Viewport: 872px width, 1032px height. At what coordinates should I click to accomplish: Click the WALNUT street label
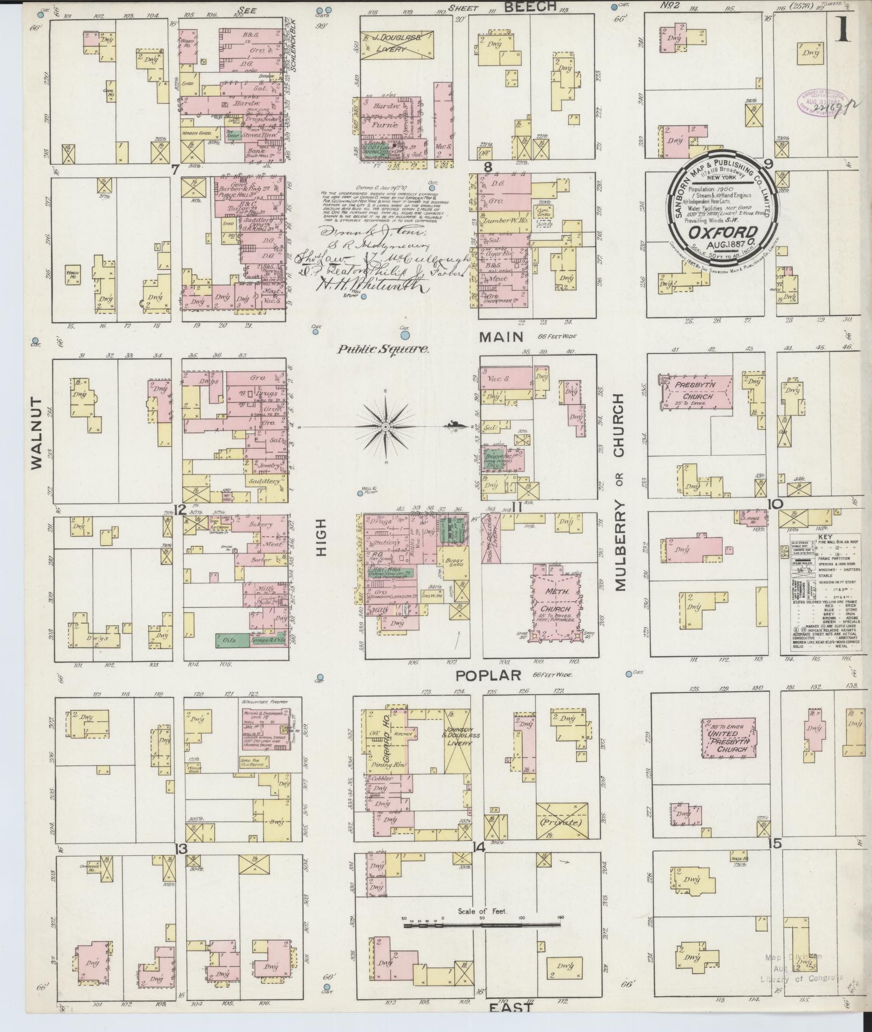pos(36,433)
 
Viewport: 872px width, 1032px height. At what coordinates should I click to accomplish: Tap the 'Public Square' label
pos(382,350)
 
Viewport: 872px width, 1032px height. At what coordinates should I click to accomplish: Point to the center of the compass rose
pos(385,426)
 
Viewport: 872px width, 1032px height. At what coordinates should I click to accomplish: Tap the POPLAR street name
pos(488,675)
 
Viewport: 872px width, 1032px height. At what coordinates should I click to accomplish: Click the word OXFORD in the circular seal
pos(723,233)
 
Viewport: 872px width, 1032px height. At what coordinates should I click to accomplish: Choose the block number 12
pos(181,509)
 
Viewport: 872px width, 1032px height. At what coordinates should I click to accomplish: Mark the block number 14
pos(478,847)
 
